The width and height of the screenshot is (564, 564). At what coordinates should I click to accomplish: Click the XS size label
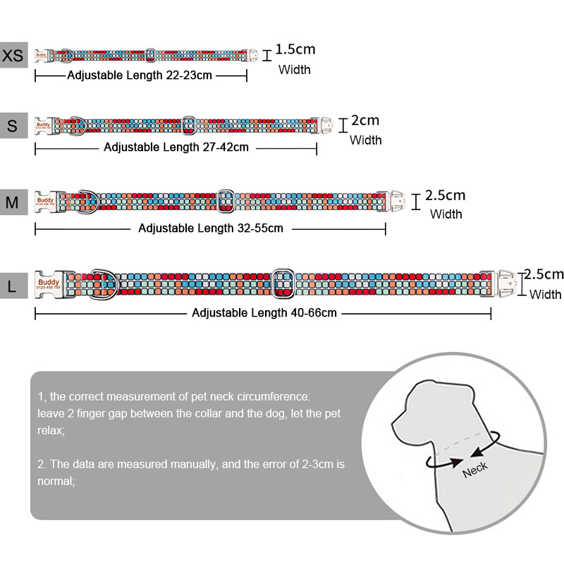[x=13, y=55]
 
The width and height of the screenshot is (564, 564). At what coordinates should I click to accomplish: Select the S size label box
[x=13, y=125]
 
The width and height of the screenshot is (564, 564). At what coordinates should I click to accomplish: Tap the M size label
[x=13, y=202]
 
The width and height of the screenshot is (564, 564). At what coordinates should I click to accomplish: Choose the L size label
[x=13, y=286]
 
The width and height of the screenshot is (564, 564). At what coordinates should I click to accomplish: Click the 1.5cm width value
[x=295, y=49]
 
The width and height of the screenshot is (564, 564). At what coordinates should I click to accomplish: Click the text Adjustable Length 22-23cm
[x=140, y=75]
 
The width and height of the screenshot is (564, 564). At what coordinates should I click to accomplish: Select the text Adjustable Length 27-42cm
[x=176, y=147]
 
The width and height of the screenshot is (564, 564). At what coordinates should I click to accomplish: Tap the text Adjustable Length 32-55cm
[x=211, y=228]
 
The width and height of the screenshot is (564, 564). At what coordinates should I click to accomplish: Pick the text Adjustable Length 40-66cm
[x=264, y=312]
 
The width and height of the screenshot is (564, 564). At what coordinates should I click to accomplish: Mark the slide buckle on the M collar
[x=226, y=200]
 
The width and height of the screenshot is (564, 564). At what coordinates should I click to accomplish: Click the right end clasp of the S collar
[x=325, y=125]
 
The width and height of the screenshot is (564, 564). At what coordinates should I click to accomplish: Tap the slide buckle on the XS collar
[x=149, y=54]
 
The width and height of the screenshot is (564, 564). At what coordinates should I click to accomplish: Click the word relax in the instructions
[x=50, y=430]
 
